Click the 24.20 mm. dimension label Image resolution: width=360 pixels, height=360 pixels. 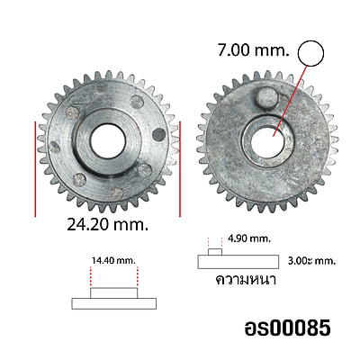pos(108,224)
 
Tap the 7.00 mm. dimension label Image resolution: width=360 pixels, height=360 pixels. pos(254,50)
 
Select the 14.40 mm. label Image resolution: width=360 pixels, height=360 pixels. pos(113,260)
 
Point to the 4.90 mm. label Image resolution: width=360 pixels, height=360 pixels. pos(249,239)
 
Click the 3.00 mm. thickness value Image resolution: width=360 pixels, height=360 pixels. pos(311,261)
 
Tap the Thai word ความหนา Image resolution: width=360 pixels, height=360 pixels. pos(246,280)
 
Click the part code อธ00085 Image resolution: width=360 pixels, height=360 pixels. pos(288,328)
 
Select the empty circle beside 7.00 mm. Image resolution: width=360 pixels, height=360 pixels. pos(310,53)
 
